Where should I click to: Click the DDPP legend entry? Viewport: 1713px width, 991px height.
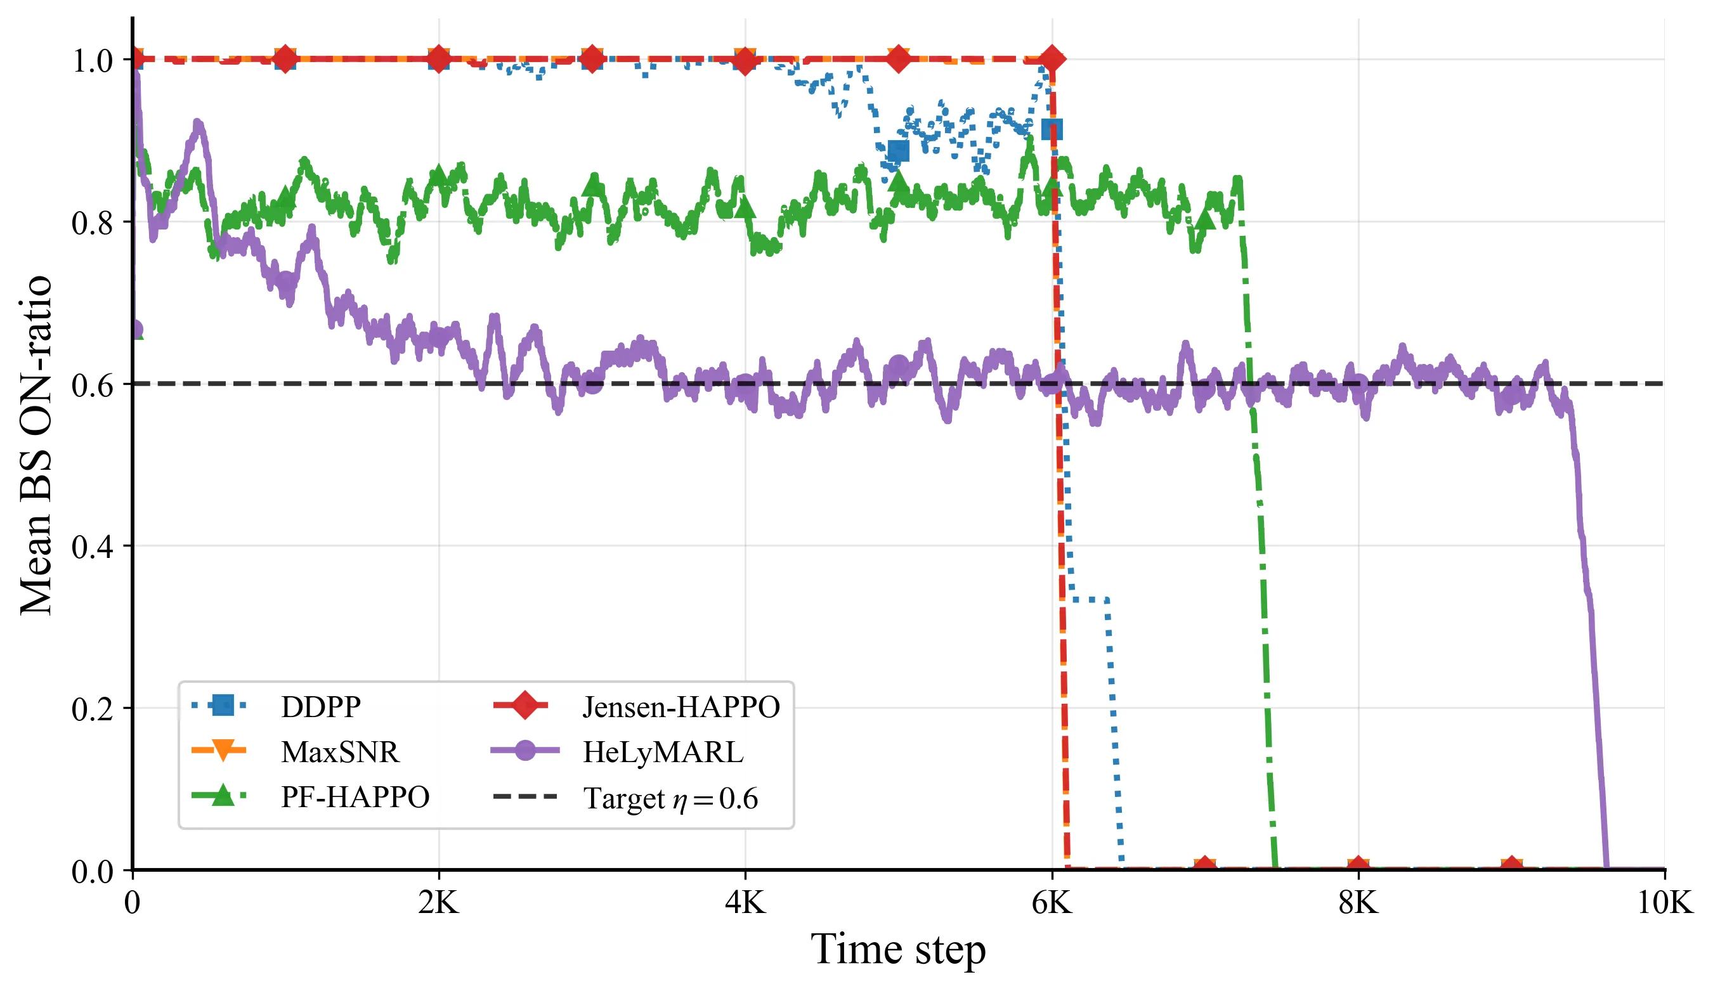pos(321,707)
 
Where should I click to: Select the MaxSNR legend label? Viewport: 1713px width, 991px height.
pos(340,752)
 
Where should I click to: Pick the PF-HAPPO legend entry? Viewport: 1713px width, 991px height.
pos(355,796)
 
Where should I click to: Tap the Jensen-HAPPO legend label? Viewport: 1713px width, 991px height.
pos(681,707)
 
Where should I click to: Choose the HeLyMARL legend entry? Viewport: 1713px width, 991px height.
pos(663,752)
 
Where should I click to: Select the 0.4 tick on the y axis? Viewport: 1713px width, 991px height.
pos(93,547)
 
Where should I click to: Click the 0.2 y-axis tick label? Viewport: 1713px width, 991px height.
pos(93,708)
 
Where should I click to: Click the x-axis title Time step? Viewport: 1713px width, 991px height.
pos(898,949)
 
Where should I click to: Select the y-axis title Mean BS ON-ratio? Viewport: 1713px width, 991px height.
pos(36,445)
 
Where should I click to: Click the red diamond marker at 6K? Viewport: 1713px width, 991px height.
pos(1052,59)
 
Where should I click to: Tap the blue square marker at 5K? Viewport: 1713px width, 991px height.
pos(898,151)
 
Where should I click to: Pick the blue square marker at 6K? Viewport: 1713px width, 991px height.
pos(1052,129)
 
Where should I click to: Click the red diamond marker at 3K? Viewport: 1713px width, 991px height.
pos(592,59)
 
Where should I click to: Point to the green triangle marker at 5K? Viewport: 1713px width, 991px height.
pos(898,180)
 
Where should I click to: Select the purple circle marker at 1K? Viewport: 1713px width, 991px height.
pos(285,281)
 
